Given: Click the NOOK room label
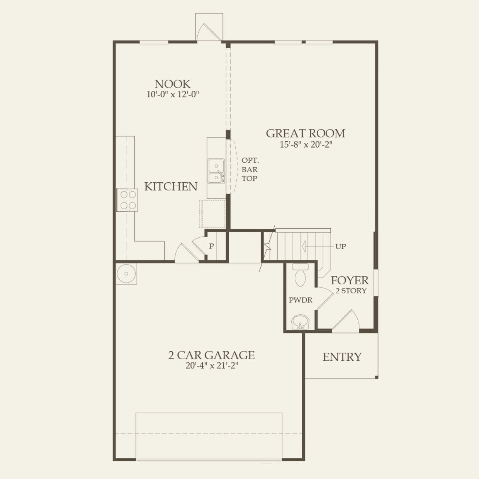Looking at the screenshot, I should [x=172, y=84].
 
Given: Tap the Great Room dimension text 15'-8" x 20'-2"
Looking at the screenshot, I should [x=306, y=144].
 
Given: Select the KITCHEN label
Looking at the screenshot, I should [x=171, y=187].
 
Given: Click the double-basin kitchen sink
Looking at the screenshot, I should [x=216, y=171].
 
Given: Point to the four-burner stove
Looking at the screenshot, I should [x=127, y=200].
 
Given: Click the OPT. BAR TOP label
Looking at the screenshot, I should [x=250, y=169].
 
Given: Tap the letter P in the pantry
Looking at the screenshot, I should [x=211, y=246].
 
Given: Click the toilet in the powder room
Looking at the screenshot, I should [x=300, y=275].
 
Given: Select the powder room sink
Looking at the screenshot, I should [x=300, y=322].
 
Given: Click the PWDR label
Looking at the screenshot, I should [x=300, y=300].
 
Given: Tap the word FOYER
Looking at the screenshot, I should [x=349, y=280].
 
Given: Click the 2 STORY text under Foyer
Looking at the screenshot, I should [x=351, y=291].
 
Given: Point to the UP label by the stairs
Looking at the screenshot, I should [x=340, y=246].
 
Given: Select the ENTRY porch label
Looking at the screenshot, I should [x=342, y=357].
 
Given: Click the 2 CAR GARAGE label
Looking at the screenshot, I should [x=211, y=355].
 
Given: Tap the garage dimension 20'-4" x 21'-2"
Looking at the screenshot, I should [x=211, y=366].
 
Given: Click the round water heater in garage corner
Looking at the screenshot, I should [x=126, y=274].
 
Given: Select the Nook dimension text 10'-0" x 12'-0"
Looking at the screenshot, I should [x=172, y=95].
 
